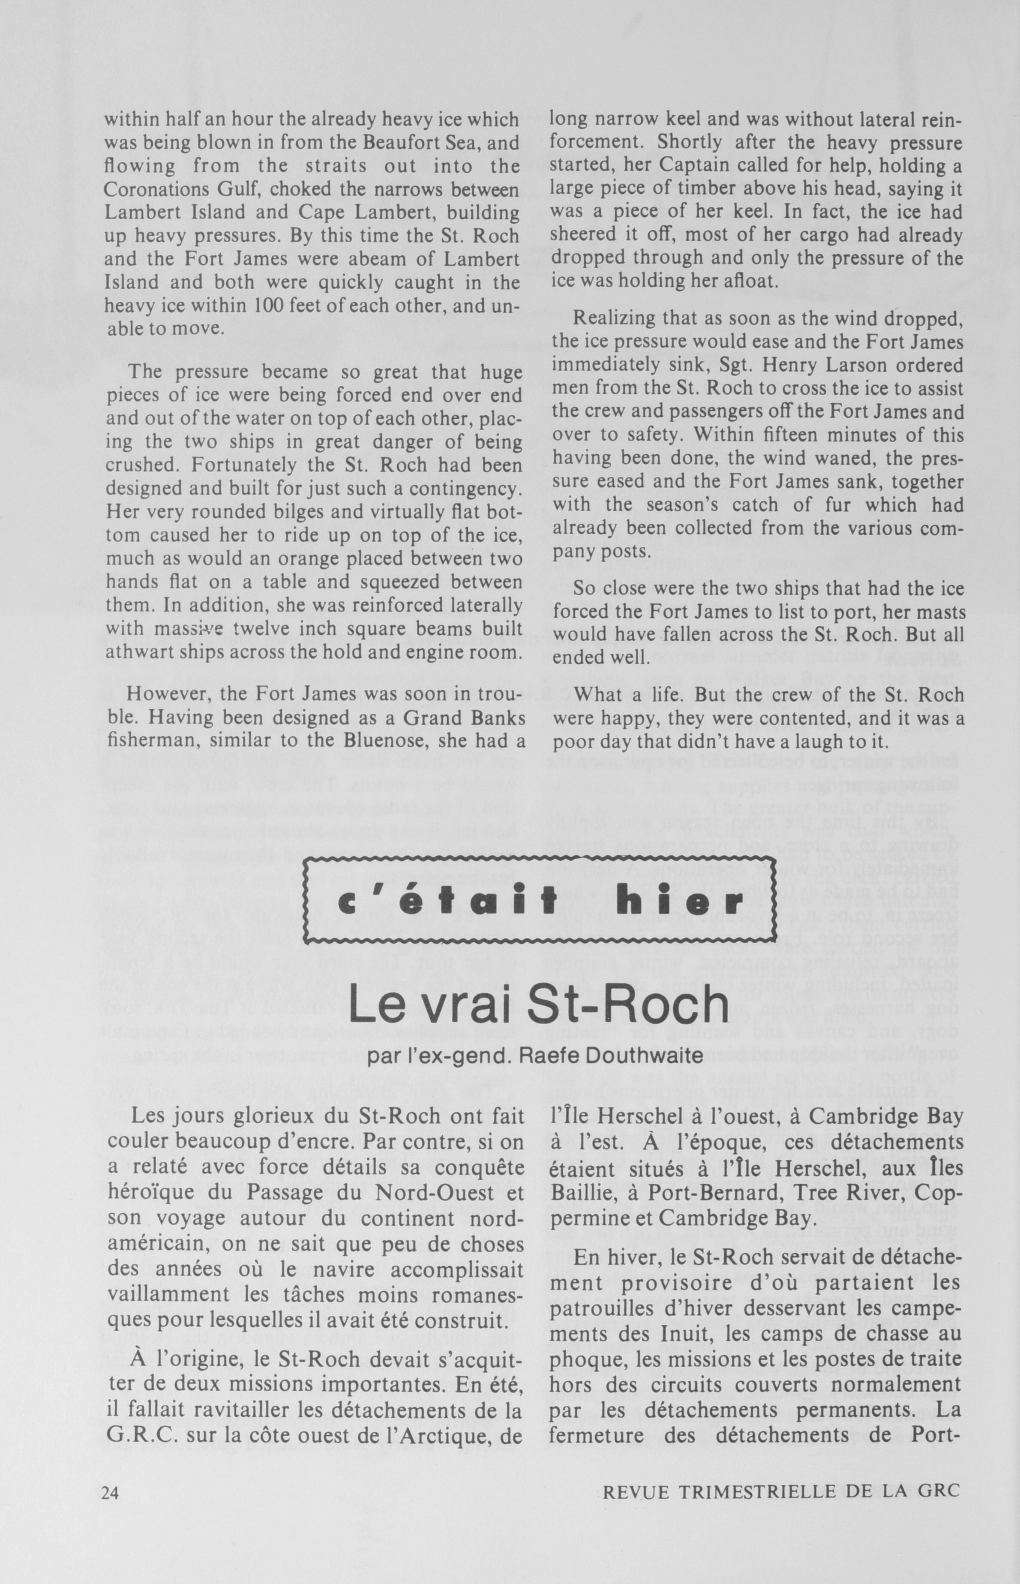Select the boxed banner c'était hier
pyautogui.click(x=539, y=901)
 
